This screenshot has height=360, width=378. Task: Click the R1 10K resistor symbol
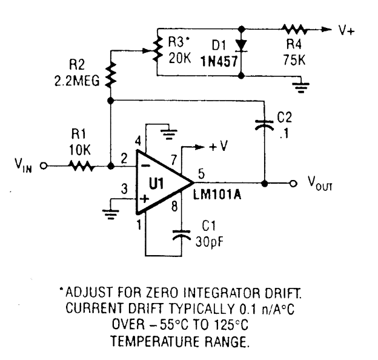(80, 165)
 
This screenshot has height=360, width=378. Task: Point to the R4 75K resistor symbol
(294, 28)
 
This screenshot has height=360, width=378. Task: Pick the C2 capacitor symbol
(264, 125)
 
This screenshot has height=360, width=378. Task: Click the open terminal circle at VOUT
(292, 182)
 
